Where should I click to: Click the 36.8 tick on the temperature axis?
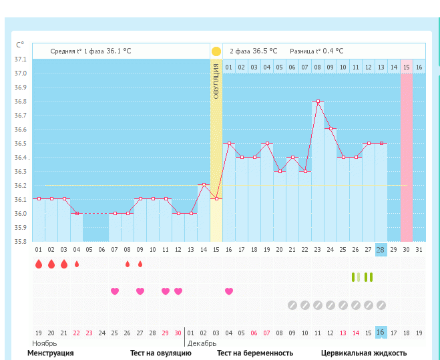(21, 102)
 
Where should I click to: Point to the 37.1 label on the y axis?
(21, 59)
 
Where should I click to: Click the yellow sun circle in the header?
(216, 51)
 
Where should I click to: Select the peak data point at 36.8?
(318, 101)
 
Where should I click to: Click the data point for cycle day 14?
(204, 185)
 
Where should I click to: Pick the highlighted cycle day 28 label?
(381, 249)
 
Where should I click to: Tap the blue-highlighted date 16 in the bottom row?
(381, 333)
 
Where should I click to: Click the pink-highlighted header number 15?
(406, 67)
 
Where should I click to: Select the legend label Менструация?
(50, 353)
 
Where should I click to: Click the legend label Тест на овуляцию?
(160, 353)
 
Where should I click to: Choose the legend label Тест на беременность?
(255, 353)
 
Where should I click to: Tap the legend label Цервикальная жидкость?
(364, 353)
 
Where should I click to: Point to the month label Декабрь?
(202, 343)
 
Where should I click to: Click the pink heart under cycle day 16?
(229, 291)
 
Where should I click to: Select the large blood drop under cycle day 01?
(39, 264)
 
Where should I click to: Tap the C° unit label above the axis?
(20, 45)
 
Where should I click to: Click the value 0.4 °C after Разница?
(333, 51)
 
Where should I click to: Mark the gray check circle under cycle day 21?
(292, 305)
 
